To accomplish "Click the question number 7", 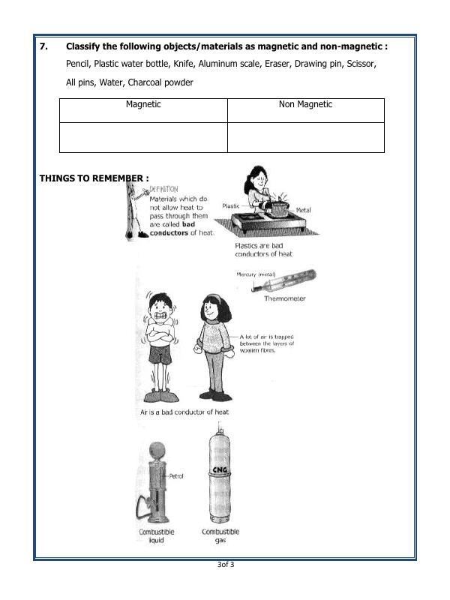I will [43, 46].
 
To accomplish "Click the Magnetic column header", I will [143, 105].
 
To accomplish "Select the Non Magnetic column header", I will [305, 105].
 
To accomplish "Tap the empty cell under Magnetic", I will [143, 137].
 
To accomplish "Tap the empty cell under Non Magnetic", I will [305, 137].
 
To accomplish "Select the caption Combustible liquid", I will [157, 535].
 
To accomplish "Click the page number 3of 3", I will [224, 564].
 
